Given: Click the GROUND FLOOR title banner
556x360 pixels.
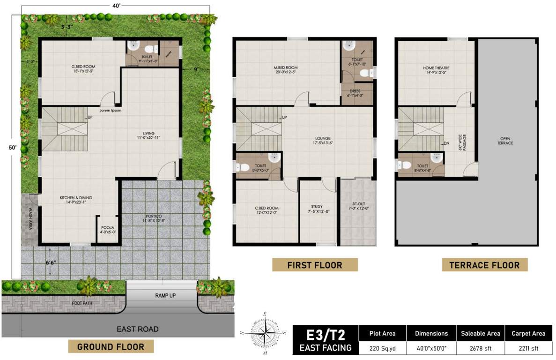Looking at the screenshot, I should [111, 347].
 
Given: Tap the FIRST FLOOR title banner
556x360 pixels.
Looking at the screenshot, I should [315, 265].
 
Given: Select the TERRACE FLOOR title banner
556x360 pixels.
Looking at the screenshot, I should [484, 265].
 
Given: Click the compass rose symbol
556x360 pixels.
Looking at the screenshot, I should [265, 333].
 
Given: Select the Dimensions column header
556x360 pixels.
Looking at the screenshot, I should [431, 333].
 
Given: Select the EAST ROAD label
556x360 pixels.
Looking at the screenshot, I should [137, 329].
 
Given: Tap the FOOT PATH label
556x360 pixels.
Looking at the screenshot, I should [82, 303].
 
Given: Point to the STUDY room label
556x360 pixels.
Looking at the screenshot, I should [317, 206].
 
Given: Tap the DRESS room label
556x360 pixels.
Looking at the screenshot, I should [355, 91].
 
